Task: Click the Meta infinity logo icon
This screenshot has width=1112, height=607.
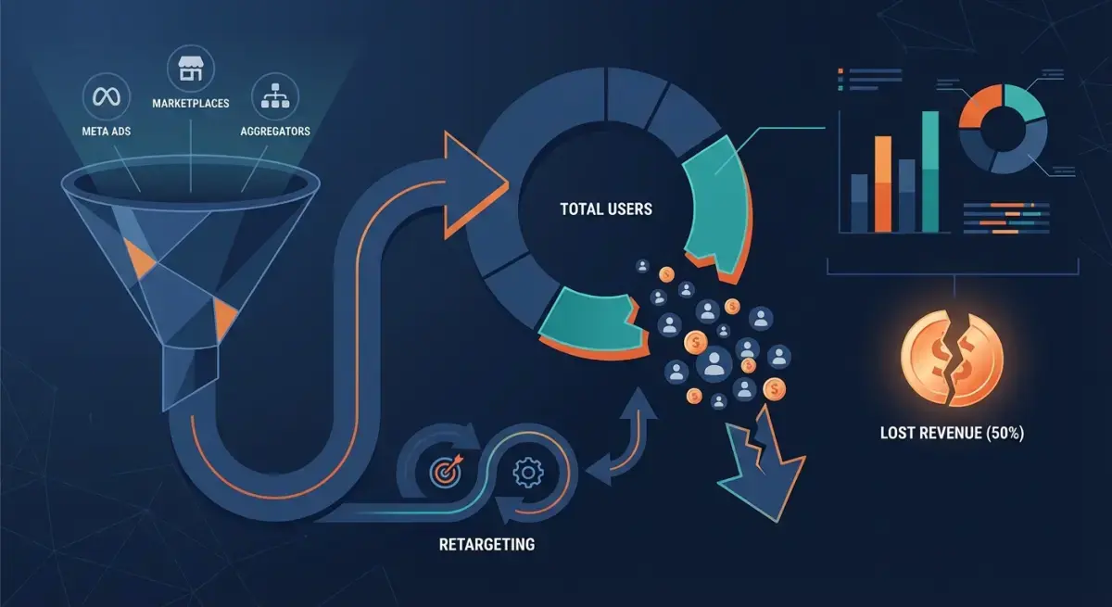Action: [107, 96]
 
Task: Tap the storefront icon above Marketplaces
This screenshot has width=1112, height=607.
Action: [191, 69]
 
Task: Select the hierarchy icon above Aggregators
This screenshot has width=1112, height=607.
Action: [275, 95]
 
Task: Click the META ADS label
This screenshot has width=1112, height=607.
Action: [107, 132]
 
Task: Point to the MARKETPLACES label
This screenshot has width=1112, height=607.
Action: [191, 103]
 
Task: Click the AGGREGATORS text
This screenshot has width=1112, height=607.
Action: [275, 132]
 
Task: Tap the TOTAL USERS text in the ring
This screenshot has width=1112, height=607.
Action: [606, 209]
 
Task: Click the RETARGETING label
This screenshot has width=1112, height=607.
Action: [487, 545]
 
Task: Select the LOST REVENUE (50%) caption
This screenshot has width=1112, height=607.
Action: [953, 433]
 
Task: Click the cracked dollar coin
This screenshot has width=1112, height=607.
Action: [953, 359]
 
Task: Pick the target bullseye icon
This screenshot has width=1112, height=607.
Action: [446, 471]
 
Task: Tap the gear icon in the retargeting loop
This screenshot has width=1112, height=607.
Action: [527, 473]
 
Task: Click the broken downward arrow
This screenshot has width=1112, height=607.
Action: [762, 464]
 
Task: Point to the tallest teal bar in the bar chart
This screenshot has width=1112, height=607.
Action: [930, 171]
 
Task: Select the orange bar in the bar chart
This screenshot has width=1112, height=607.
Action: [882, 184]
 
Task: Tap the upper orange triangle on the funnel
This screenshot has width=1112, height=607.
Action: [138, 258]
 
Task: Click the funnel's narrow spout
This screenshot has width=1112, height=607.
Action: [191, 377]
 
